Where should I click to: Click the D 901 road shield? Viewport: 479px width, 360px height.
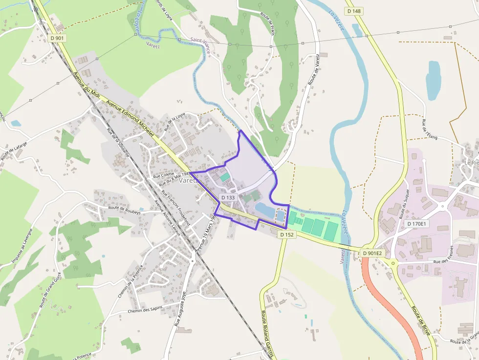pyautogui.click(x=57, y=38)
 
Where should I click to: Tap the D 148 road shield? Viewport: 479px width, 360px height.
pyautogui.click(x=354, y=11)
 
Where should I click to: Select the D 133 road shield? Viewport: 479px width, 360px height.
pyautogui.click(x=228, y=197)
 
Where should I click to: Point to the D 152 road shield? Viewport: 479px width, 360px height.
pyautogui.click(x=287, y=234)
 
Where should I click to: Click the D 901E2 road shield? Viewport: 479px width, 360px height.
pyautogui.click(x=372, y=253)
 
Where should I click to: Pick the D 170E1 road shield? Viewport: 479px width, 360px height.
pyautogui.click(x=416, y=224)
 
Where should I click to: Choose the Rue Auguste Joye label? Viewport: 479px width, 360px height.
pyautogui.click(x=180, y=308)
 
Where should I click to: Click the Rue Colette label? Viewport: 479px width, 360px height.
pyautogui.click(x=163, y=175)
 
